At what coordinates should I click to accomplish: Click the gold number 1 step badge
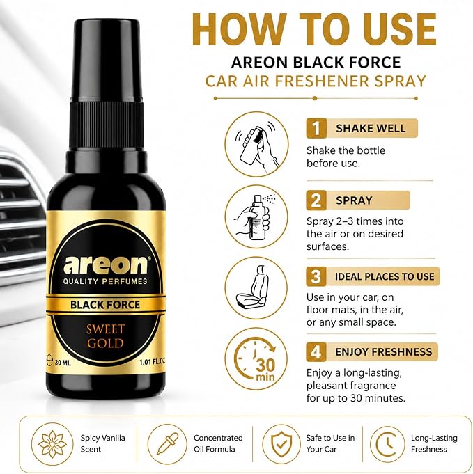[x=316, y=128]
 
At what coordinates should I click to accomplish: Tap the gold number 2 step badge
[x=316, y=200]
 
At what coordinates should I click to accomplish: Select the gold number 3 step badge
[x=316, y=276]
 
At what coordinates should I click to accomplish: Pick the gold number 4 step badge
[x=316, y=351]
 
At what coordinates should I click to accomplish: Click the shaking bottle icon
[x=256, y=144]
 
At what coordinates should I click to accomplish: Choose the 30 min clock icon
[x=256, y=359]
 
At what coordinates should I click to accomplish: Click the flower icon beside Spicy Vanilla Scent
[x=52, y=444]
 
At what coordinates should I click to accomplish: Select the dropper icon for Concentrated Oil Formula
[x=167, y=444]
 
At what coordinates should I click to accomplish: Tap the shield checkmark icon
[x=281, y=444]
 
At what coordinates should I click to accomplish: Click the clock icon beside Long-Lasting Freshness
[x=387, y=444]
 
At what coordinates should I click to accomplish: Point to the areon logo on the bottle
[x=106, y=264]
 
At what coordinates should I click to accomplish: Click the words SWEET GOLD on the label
[x=105, y=336]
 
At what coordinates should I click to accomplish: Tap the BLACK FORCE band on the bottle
[x=106, y=304]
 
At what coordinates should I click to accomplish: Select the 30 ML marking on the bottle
[x=63, y=362]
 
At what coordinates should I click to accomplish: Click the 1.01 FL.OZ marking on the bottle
[x=153, y=361]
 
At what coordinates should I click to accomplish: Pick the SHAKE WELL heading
[x=371, y=128]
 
